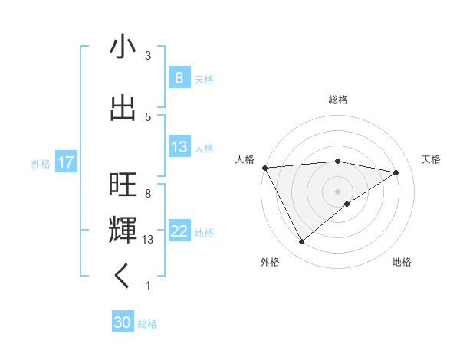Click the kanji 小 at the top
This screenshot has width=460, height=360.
tap(123, 47)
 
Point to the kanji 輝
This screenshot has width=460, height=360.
tap(123, 230)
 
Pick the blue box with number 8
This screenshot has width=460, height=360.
tap(179, 77)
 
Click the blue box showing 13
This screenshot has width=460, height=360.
tap(179, 147)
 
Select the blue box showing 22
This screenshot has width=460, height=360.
tap(179, 232)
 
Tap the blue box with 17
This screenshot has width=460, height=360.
tap(65, 162)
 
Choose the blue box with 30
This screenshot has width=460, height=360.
tap(123, 322)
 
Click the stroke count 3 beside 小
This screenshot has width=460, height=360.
tap(148, 56)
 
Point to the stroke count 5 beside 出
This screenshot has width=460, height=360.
tap(148, 116)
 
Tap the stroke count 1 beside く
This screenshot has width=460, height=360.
tap(148, 286)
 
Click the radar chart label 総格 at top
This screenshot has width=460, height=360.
tap(338, 100)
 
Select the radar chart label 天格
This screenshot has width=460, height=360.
tap(431, 159)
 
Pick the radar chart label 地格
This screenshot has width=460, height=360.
tap(402, 262)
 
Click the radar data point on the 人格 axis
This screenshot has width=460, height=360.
tap(264, 167)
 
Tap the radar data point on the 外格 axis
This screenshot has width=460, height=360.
tap(301, 242)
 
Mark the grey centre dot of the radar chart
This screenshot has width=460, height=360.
tap(337, 191)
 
